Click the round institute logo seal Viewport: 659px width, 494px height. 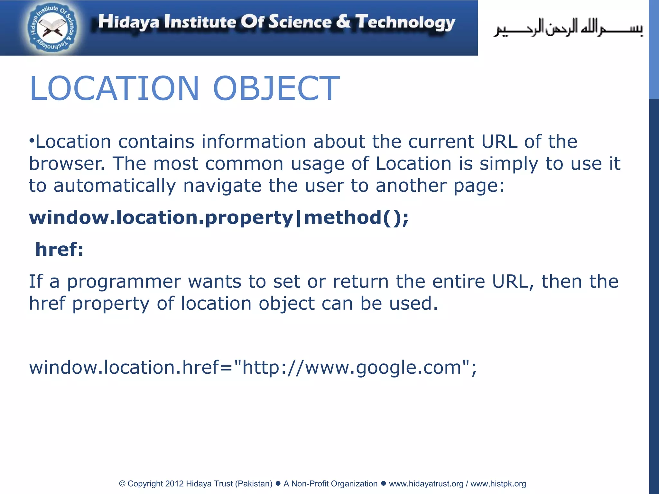(52, 28)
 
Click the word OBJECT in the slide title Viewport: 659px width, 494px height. (276, 88)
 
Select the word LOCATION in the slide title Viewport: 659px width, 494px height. (114, 88)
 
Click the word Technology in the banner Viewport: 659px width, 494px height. (405, 23)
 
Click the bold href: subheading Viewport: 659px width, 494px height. (60, 249)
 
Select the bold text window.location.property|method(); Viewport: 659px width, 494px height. (219, 218)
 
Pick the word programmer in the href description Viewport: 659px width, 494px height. (124, 282)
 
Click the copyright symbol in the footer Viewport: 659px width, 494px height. (122, 484)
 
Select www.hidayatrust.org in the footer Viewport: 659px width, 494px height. (426, 484)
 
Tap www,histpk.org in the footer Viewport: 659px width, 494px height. (498, 484)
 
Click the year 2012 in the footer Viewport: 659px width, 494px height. (174, 484)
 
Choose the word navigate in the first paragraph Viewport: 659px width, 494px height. (222, 186)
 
